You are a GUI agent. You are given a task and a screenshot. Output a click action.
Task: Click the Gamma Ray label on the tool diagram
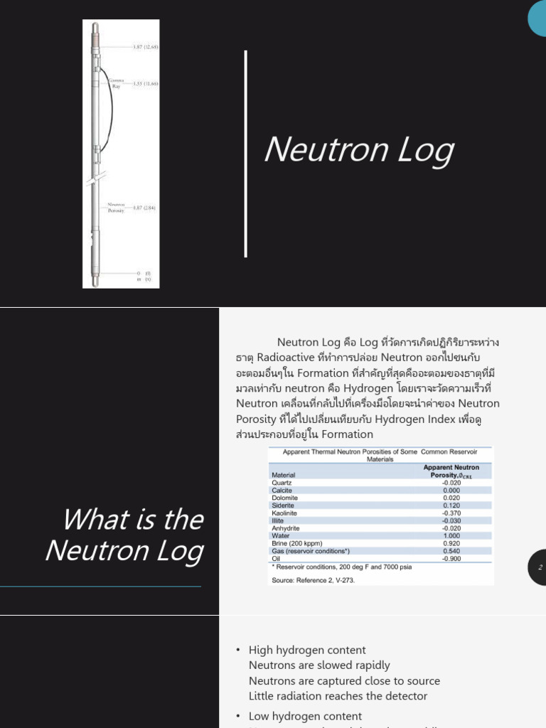click(117, 83)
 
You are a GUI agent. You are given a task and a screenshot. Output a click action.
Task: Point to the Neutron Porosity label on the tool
click(116, 207)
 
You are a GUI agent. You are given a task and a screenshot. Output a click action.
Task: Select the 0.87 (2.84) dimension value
click(144, 208)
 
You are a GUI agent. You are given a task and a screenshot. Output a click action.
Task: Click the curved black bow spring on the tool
click(109, 107)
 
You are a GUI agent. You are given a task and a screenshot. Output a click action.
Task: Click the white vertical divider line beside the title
click(246, 154)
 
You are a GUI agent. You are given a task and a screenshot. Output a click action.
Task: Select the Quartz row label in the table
click(282, 483)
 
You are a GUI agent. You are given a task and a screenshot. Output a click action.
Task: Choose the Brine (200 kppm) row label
click(296, 544)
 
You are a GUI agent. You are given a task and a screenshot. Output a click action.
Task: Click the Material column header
click(284, 475)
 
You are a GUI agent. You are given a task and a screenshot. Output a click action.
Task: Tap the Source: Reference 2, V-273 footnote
click(313, 580)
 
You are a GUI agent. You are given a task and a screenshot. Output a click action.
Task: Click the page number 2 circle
click(540, 567)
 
